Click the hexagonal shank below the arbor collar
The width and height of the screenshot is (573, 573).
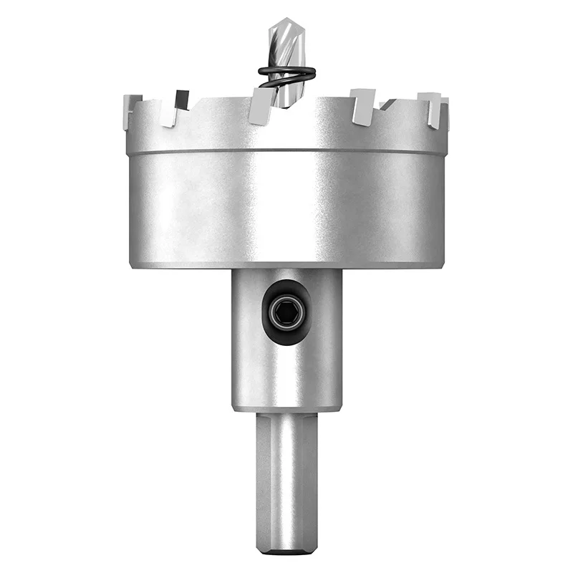tap(286, 480)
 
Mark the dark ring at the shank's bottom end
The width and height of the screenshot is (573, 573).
tap(286, 552)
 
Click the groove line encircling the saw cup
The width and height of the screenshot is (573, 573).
tap(286, 151)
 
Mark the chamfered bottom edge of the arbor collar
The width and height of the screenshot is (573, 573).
tap(286, 408)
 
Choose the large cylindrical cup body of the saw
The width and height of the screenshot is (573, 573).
tap(286, 208)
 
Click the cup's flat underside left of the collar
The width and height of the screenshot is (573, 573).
tap(179, 264)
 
